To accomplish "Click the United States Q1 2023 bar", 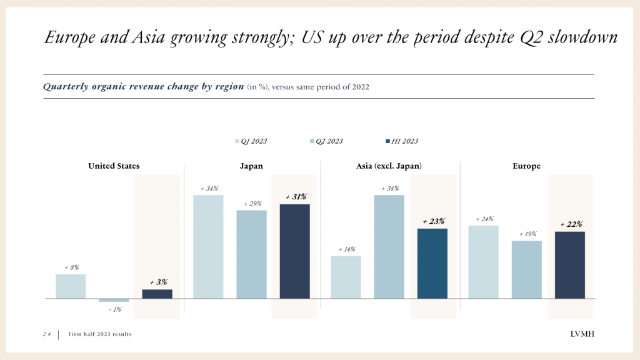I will click(x=71, y=286).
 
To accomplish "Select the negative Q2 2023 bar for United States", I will click(x=114, y=301).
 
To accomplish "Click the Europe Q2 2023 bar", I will click(x=526, y=269).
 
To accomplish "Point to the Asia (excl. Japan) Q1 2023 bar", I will click(x=346, y=277).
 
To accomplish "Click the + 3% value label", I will click(x=158, y=282).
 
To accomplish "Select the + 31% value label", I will click(x=296, y=197).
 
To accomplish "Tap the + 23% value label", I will click(x=433, y=221).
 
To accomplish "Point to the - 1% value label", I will click(x=114, y=309).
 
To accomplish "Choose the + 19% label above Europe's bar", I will click(x=527, y=234).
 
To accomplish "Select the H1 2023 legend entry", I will click(x=401, y=141).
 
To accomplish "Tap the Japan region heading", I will click(x=251, y=166).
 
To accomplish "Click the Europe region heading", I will click(x=526, y=166).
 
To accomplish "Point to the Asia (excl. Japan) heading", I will click(x=389, y=166).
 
